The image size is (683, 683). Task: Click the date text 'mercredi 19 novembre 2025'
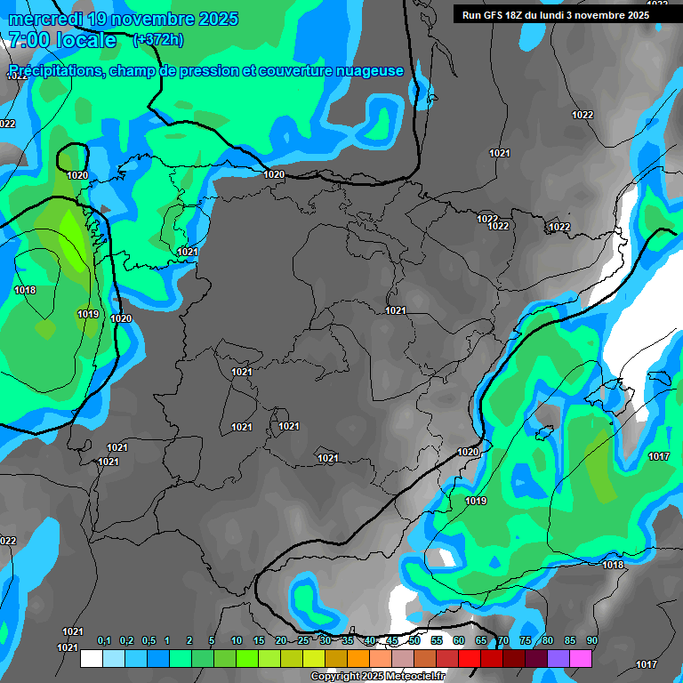coord(124,19)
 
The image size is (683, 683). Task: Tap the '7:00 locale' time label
coord(62,40)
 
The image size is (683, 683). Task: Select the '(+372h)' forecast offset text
coord(159,40)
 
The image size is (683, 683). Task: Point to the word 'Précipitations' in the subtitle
coord(52,70)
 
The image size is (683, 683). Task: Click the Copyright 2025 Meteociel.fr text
coord(378,677)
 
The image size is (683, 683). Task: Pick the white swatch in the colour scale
coord(92,659)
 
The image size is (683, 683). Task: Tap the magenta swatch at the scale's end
coord(581,659)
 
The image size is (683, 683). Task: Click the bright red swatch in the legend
coord(470,659)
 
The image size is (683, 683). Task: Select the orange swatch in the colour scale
coord(358,659)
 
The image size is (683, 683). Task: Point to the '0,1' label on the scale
coord(104,641)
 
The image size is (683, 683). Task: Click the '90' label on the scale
coord(592,641)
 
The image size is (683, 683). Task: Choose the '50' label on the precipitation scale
coord(414,641)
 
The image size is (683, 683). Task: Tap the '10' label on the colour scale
coord(237,641)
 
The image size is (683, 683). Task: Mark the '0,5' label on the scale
coord(148,641)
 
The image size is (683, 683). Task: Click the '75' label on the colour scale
coord(526,641)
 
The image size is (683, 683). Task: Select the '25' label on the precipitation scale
coord(303,641)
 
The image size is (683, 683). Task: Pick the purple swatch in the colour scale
coord(558,659)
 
